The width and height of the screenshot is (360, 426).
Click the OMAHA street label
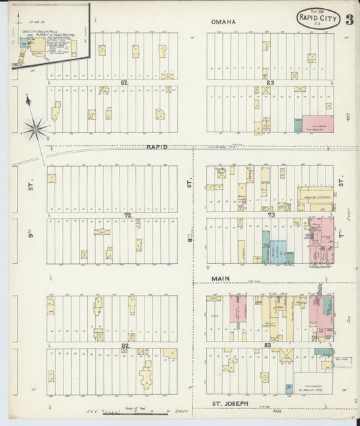coord(224,22)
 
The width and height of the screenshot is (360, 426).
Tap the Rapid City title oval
coord(317,18)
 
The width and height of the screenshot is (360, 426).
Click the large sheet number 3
coord(349,19)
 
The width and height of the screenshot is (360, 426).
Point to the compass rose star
coord(35,127)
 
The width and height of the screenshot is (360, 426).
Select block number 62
coord(124,83)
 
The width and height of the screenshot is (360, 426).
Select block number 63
coord(269,83)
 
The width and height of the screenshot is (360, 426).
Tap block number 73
coord(271,215)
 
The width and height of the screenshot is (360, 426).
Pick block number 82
coord(125,345)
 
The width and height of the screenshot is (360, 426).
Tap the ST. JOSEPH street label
coord(232,404)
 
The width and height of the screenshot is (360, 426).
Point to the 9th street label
coord(31,184)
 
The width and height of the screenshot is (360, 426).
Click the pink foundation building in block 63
coord(307,125)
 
